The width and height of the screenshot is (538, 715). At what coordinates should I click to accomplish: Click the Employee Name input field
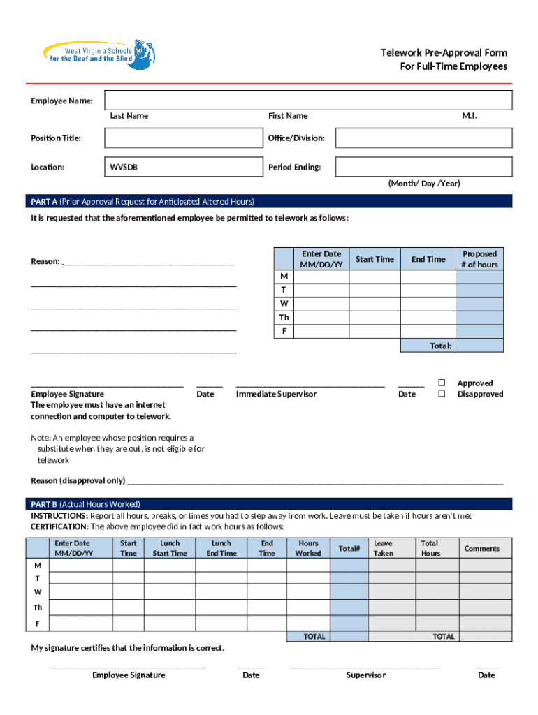click(308, 101)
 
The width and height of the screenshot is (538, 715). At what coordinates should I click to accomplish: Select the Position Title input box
click(181, 138)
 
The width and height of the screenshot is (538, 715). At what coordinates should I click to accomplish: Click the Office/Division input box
click(423, 138)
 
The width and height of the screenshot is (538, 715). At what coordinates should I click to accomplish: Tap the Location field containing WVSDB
click(181, 167)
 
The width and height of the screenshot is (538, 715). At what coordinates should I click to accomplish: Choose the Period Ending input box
click(423, 167)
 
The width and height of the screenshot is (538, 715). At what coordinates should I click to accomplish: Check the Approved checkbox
click(442, 383)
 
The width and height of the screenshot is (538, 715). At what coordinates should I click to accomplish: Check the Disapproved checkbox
click(442, 394)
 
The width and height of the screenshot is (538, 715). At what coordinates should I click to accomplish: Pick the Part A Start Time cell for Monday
click(375, 277)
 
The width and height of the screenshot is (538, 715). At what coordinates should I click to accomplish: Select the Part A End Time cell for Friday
click(428, 332)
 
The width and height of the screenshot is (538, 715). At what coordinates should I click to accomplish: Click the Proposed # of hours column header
click(479, 259)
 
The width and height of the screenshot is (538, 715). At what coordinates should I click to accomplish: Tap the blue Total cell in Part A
click(479, 346)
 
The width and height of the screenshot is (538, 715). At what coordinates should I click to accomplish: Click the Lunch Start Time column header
click(170, 548)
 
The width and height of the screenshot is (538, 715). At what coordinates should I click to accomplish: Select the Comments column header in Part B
click(482, 548)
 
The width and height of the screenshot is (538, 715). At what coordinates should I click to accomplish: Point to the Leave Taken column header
click(384, 548)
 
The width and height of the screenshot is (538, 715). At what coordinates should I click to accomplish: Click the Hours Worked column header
click(308, 548)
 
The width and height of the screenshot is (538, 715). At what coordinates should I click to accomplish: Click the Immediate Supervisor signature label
click(276, 394)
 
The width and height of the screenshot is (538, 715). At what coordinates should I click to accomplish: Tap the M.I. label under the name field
click(470, 116)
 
